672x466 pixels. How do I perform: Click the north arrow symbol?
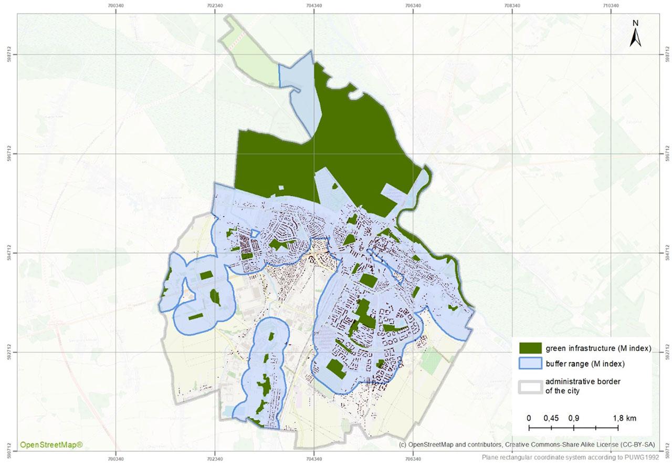coord(635,38)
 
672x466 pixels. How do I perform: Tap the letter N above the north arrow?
coord(635,23)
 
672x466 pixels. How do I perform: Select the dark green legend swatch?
coord(530,348)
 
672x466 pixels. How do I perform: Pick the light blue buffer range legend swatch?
coord(530,364)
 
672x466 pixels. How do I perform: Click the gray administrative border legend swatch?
coord(530,385)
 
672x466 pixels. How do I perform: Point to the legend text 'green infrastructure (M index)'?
coord(598,348)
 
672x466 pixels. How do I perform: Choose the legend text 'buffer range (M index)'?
coord(584,364)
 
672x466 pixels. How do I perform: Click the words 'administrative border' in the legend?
coord(583,381)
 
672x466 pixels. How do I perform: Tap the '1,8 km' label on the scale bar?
coord(624,418)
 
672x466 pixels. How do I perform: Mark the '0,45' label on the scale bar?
coord(551,418)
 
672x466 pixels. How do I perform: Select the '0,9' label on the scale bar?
coord(573,418)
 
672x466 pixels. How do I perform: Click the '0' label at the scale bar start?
coord(529,418)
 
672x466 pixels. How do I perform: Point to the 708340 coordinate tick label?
coord(512,5)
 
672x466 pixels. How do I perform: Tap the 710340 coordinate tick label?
coord(611,5)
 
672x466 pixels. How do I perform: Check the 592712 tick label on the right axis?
coord(667,352)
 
